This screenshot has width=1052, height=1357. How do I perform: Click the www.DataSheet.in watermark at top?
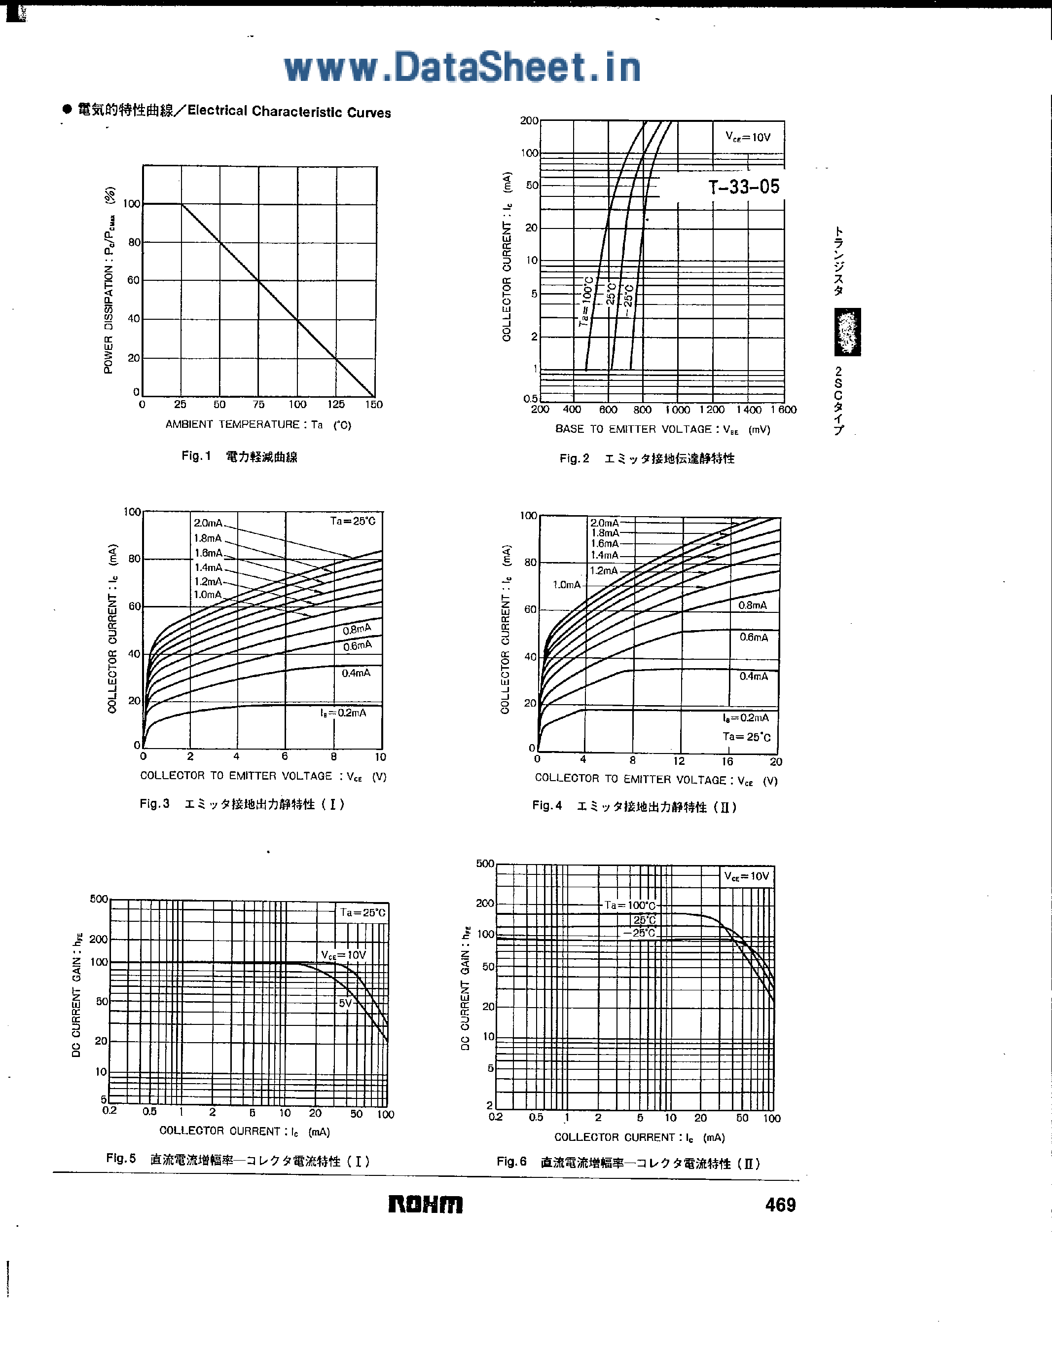pyautogui.click(x=462, y=68)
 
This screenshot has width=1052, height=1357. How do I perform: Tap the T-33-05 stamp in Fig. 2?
pyautogui.click(x=743, y=187)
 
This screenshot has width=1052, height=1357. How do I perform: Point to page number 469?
pyautogui.click(x=780, y=1205)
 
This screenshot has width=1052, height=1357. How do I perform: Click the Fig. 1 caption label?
pyautogui.click(x=196, y=456)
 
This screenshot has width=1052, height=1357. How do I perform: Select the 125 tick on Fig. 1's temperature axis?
pyautogui.click(x=336, y=405)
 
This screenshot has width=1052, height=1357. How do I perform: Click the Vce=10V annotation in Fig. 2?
pyautogui.click(x=748, y=137)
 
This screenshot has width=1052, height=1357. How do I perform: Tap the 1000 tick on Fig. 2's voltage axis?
pyautogui.click(x=678, y=410)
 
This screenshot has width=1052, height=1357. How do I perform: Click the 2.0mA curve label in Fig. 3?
pyautogui.click(x=208, y=523)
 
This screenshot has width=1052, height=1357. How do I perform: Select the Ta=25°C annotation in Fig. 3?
pyautogui.click(x=353, y=521)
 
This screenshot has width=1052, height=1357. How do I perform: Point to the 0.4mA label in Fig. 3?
pyautogui.click(x=356, y=673)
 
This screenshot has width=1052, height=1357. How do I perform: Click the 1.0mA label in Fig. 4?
pyautogui.click(x=566, y=585)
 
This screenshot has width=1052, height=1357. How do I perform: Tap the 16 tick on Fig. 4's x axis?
pyautogui.click(x=727, y=762)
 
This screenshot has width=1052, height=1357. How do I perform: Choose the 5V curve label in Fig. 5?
pyautogui.click(x=345, y=1003)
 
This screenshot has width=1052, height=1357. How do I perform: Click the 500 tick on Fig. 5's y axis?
pyautogui.click(x=99, y=899)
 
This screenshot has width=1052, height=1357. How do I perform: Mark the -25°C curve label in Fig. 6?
pyautogui.click(x=640, y=933)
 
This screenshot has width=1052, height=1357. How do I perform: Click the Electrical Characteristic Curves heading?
pyautogui.click(x=289, y=112)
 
